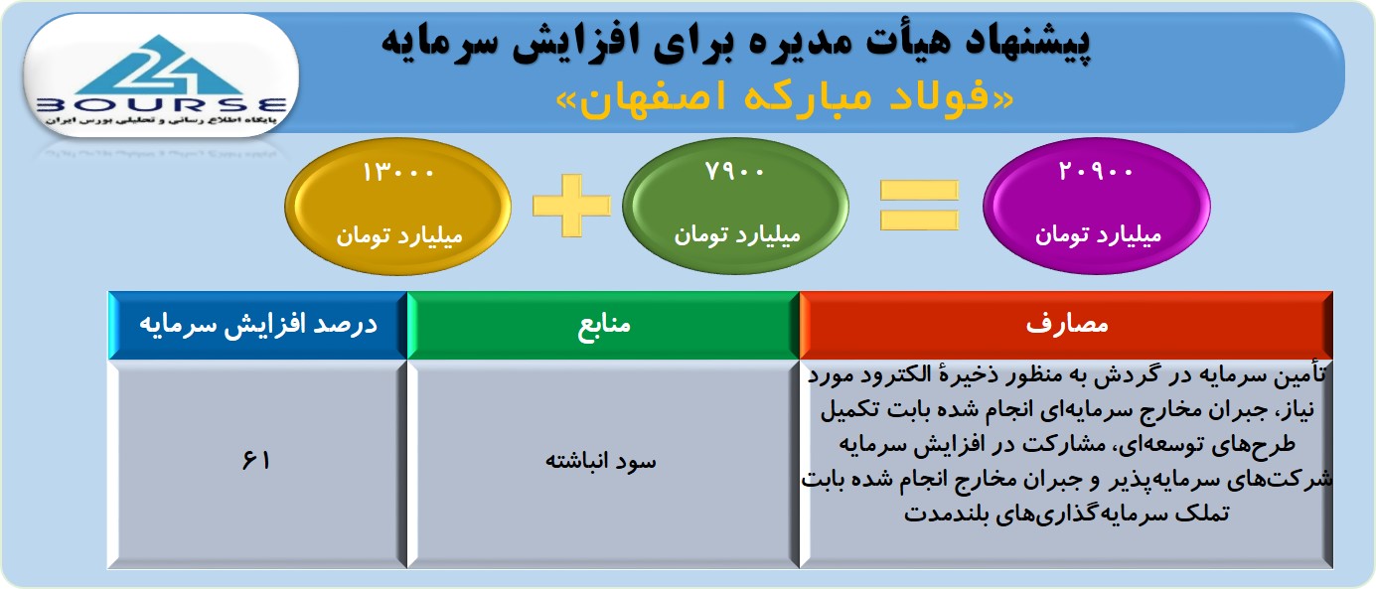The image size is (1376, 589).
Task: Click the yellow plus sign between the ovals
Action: pyautogui.click(x=572, y=206)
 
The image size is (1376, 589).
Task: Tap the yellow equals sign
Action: pyautogui.click(x=919, y=206)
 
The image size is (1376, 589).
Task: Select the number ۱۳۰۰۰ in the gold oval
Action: pyautogui.click(x=398, y=173)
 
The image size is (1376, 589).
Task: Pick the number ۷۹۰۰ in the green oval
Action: pyautogui.click(x=734, y=172)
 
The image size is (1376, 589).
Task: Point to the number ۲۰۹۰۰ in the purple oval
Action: pyautogui.click(x=1095, y=172)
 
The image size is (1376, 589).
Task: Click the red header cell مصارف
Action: pyautogui.click(x=1066, y=325)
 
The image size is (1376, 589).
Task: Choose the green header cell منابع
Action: pyautogui.click(x=603, y=325)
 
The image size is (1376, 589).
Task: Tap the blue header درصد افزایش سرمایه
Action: pyautogui.click(x=258, y=325)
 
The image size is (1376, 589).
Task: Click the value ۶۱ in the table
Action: pyautogui.click(x=255, y=460)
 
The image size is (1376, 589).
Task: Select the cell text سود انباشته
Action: pyautogui.click(x=601, y=461)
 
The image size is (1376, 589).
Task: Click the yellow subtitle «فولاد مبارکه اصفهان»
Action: pyautogui.click(x=785, y=98)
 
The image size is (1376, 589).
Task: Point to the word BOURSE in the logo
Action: pyautogui.click(x=162, y=105)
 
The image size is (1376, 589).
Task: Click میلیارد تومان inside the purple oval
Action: pyautogui.click(x=1099, y=235)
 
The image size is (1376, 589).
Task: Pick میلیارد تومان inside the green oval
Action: pyautogui.click(x=737, y=235)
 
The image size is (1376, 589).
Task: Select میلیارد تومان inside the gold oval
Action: pyautogui.click(x=399, y=235)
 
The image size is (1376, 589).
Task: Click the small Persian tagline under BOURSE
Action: pyautogui.click(x=161, y=120)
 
